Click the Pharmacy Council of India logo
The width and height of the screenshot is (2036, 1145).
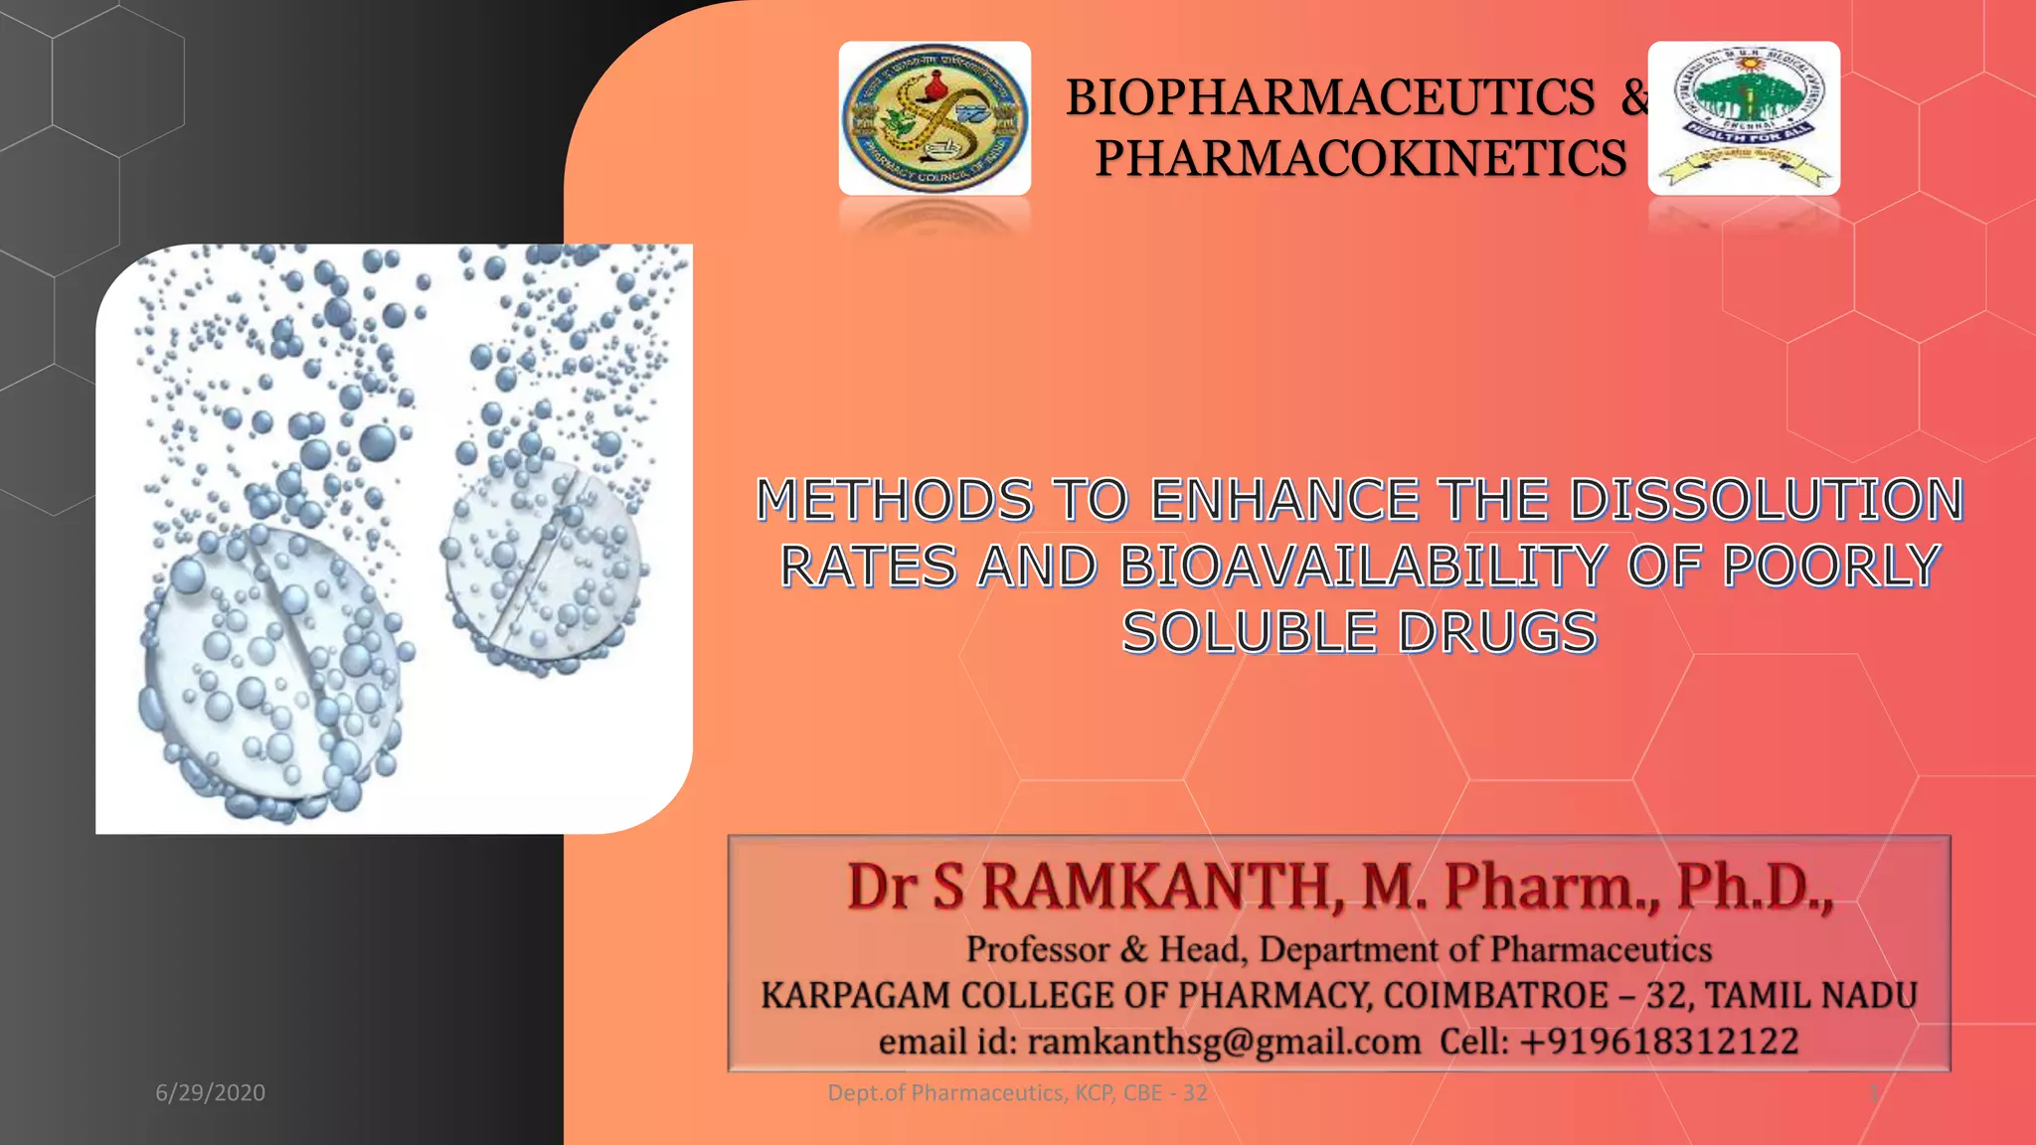click(934, 118)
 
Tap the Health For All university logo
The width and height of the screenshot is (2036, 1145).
click(1744, 118)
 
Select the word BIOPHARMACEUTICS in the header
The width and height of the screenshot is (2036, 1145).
click(1330, 97)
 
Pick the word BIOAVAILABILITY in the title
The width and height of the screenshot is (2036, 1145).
click(1362, 567)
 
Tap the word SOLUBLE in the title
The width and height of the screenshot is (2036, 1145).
click(1250, 633)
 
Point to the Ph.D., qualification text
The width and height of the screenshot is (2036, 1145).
click(1755, 887)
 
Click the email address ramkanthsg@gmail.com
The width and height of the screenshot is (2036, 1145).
click(1224, 1042)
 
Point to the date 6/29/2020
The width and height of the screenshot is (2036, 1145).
click(210, 1093)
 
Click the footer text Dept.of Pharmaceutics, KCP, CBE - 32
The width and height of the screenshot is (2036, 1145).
click(1017, 1093)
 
